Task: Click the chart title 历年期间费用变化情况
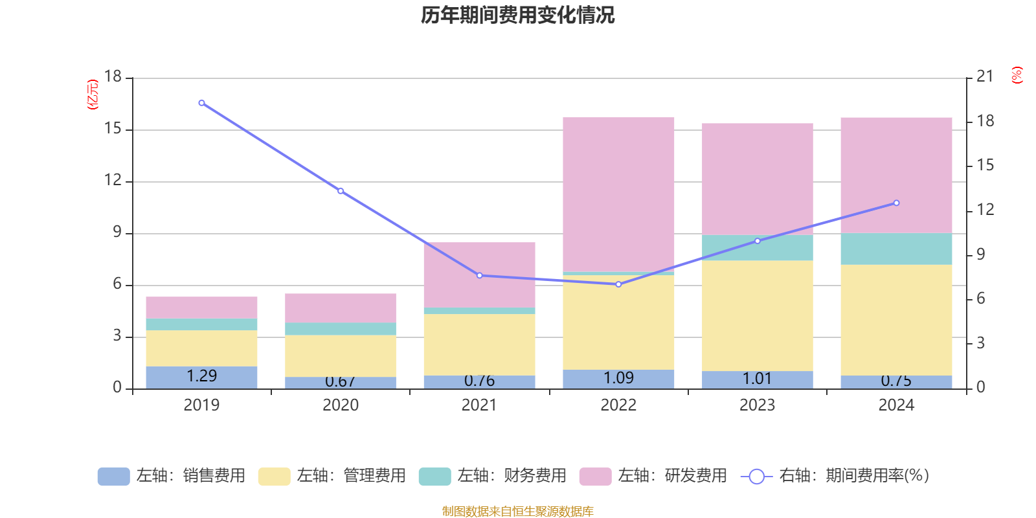[517, 15]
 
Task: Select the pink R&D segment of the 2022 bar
[618, 194]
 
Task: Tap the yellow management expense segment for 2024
[896, 320]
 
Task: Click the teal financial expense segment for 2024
[896, 249]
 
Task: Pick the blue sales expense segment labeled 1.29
[201, 377]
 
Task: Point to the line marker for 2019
[201, 103]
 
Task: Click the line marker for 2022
[618, 284]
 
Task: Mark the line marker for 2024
[896, 203]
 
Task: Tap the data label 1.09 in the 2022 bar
[618, 377]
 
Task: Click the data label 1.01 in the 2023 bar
[757, 378]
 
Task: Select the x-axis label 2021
[479, 405]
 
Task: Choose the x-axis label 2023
[757, 405]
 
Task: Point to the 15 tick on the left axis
[113, 129]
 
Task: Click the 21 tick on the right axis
[985, 76]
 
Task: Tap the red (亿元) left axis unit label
[93, 95]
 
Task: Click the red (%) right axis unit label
[1017, 75]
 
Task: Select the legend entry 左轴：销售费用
[172, 476]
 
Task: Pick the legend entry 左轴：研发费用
[654, 476]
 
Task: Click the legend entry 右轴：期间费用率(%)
[835, 476]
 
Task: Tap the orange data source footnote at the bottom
[517, 512]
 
